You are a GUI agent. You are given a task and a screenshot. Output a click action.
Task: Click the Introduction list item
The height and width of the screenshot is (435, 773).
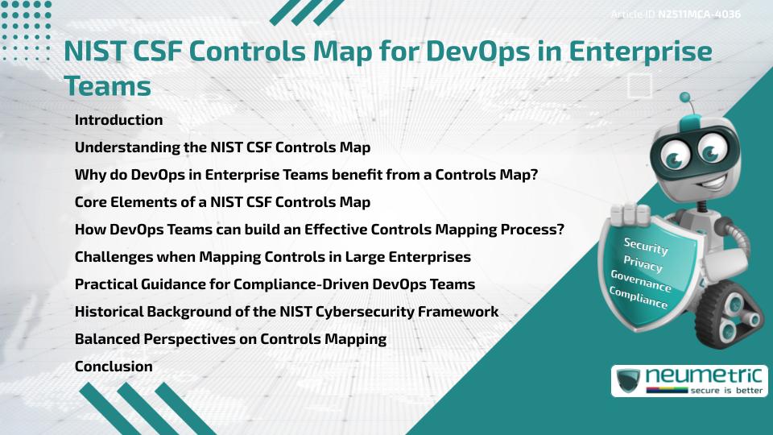click(x=118, y=120)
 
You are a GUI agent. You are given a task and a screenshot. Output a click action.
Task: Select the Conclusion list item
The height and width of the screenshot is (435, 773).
click(x=114, y=367)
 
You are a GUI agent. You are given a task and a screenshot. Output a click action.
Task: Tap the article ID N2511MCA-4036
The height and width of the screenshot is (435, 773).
click(x=676, y=14)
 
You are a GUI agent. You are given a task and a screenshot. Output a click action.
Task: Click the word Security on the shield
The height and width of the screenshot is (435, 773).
click(x=645, y=246)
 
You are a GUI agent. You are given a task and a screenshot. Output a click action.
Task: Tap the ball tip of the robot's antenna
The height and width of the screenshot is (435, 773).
click(x=685, y=97)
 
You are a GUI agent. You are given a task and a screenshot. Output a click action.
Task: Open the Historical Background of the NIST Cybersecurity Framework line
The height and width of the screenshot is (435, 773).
click(x=286, y=312)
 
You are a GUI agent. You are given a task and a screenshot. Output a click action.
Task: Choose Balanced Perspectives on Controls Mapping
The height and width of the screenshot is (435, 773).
click(x=230, y=339)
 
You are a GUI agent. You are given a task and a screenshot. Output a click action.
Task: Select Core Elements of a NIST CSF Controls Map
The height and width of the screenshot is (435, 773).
click(x=222, y=202)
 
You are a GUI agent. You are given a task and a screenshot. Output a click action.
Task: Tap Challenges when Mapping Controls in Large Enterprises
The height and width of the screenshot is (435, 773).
click(x=272, y=257)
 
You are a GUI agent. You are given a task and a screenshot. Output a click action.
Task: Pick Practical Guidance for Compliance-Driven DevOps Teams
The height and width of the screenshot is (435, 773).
click(x=275, y=284)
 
